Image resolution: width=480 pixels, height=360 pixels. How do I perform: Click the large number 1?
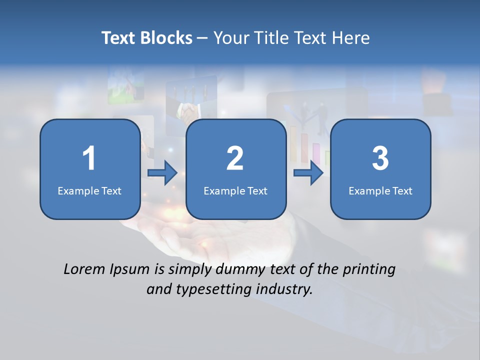pos(89,158)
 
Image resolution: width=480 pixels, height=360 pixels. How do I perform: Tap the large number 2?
pos(235,158)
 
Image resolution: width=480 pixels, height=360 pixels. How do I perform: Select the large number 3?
pos(380,158)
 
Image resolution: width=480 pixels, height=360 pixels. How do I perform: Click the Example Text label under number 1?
pos(89,190)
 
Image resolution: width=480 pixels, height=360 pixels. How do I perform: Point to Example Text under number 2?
pos(235,190)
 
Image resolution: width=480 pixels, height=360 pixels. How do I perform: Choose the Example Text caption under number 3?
pos(380,190)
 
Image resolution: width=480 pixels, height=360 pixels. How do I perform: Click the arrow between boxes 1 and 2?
pos(162,173)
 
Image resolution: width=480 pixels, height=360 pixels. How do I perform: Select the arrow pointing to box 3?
pos(308,173)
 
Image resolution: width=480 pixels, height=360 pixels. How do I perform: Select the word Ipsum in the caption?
pos(130,270)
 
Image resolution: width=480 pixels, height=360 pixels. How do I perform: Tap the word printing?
pos(368,270)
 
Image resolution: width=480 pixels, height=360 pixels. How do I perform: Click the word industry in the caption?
pos(284,289)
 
